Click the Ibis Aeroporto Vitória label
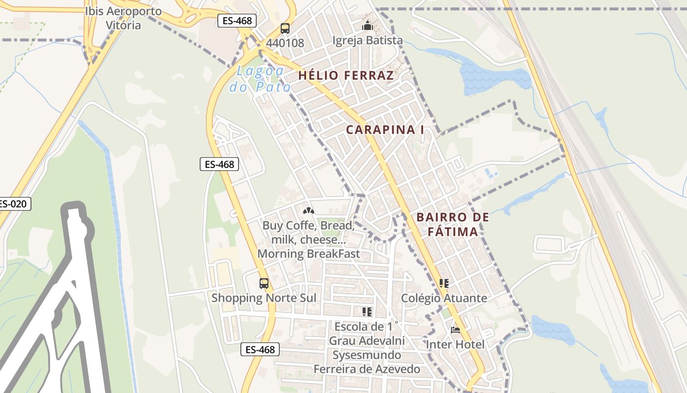tap(123, 18)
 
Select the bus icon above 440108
tap(285, 28)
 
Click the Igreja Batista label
tap(368, 40)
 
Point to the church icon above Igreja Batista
tap(368, 26)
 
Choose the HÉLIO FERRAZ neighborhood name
tap(346, 75)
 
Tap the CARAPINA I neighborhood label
tap(385, 130)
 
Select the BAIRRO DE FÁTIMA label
tap(452, 224)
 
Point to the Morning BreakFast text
tap(309, 254)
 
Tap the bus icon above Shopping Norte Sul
tap(264, 283)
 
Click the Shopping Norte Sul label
tap(264, 298)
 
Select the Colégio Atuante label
tap(444, 298)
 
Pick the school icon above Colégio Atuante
tap(444, 283)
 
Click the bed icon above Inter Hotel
tap(455, 330)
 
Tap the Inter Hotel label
tap(455, 344)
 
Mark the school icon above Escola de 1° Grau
tap(367, 312)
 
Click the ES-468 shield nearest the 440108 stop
tap(235, 21)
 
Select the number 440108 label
tap(285, 43)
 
